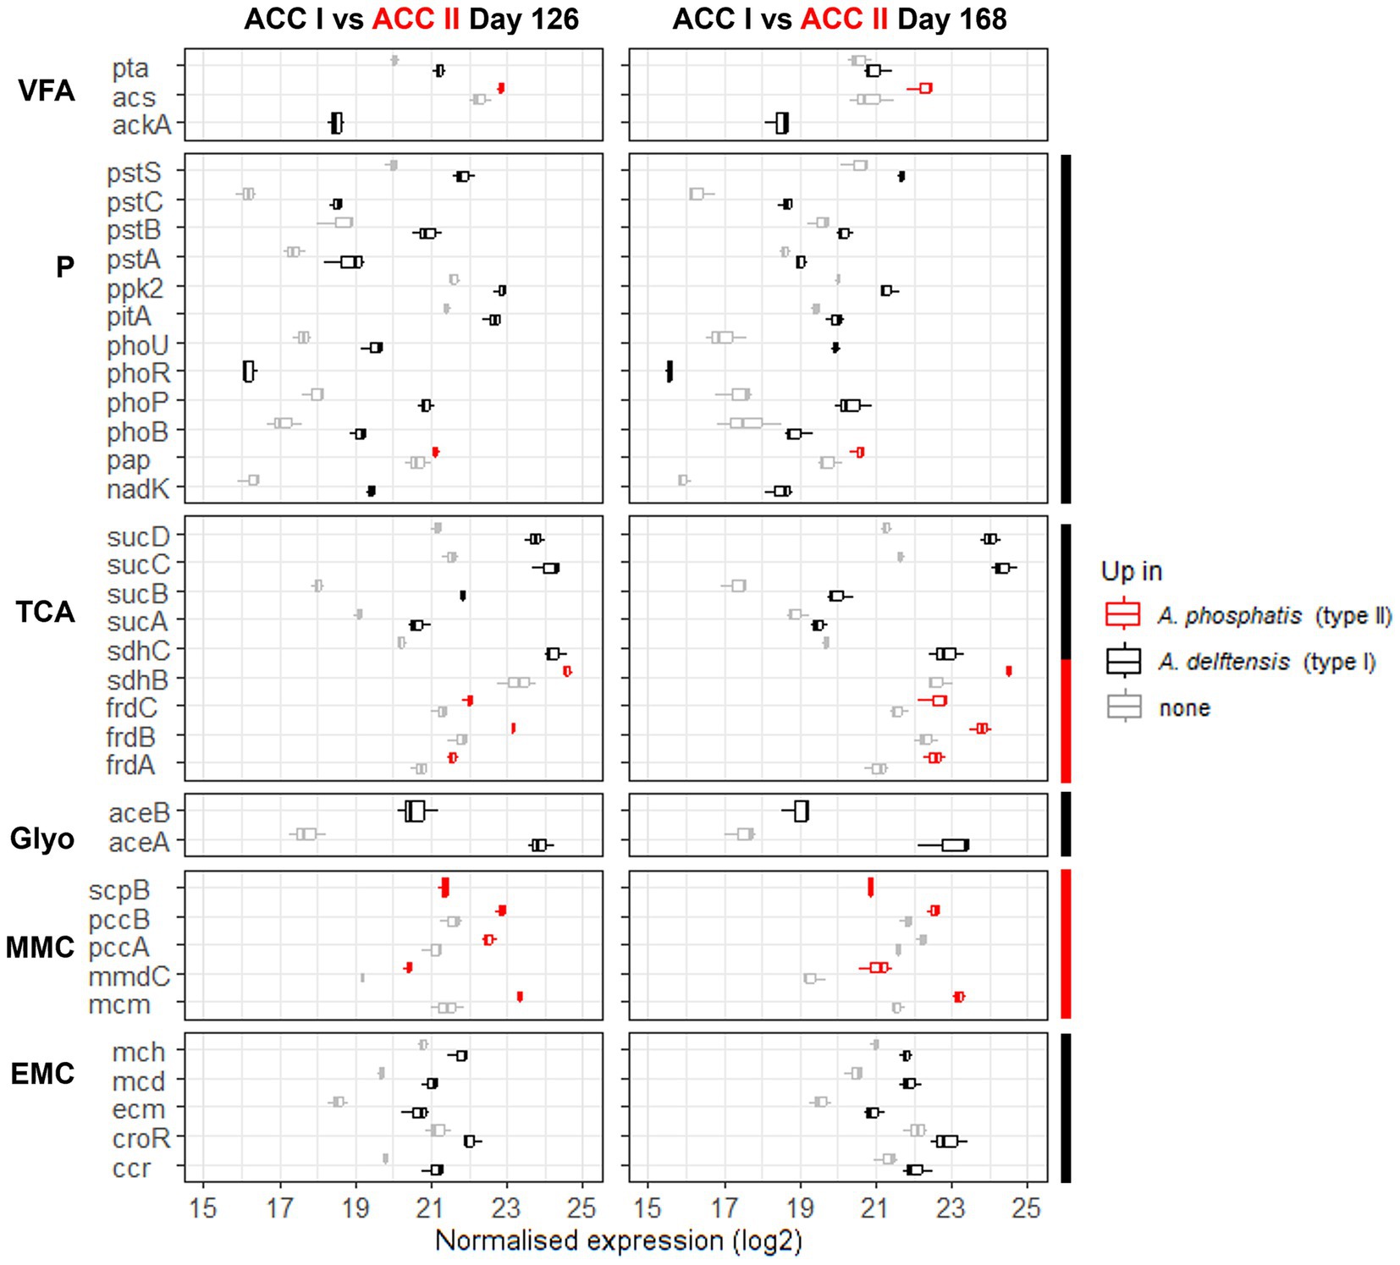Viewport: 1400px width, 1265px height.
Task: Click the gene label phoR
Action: click(x=138, y=373)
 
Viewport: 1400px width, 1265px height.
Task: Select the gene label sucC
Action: click(x=138, y=564)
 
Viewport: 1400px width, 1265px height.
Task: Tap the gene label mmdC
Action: click(x=129, y=976)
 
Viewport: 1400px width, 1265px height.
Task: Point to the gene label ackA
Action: click(x=141, y=125)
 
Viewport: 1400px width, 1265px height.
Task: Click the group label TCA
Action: click(x=45, y=611)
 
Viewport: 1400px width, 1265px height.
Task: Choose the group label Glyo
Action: click(x=42, y=839)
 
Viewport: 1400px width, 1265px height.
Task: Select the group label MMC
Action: click(x=40, y=947)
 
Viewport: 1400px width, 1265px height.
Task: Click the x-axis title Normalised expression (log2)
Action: click(x=618, y=1240)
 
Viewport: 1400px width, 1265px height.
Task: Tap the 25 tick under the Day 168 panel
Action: click(x=1026, y=1207)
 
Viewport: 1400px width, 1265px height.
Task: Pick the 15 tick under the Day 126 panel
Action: click(x=203, y=1207)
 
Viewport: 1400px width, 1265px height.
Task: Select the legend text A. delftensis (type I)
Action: click(x=1266, y=662)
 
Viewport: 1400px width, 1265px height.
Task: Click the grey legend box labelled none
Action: click(x=1123, y=707)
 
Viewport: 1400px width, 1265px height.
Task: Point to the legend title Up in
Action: click(x=1131, y=571)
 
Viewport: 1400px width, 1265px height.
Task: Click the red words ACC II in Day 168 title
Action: click(x=843, y=19)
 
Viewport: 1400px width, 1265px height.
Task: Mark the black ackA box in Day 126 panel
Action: click(x=336, y=124)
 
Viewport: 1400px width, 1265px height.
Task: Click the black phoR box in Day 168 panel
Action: click(x=670, y=371)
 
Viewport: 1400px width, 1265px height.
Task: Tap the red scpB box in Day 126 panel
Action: click(x=444, y=887)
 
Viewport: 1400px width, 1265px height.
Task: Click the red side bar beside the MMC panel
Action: click(x=1066, y=943)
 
